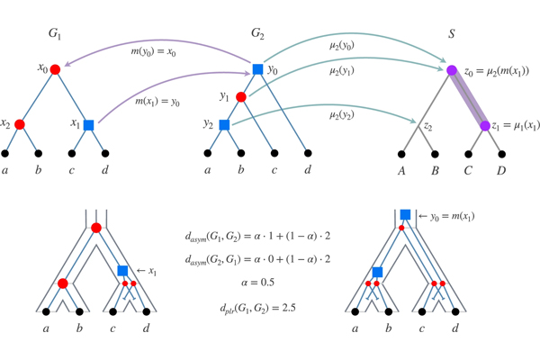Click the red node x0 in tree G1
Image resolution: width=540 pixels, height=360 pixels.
pyautogui.click(x=55, y=69)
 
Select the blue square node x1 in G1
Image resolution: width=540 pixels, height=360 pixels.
pyautogui.click(x=88, y=125)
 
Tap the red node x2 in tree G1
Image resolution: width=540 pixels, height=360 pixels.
pyautogui.click(x=20, y=125)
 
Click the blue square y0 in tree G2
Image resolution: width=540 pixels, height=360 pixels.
pyautogui.click(x=257, y=69)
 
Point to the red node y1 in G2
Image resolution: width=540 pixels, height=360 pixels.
pyautogui.click(x=240, y=96)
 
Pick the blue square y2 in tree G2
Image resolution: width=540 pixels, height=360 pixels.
pyautogui.click(x=224, y=124)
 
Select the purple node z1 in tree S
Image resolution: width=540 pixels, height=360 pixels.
pyautogui.click(x=484, y=126)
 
